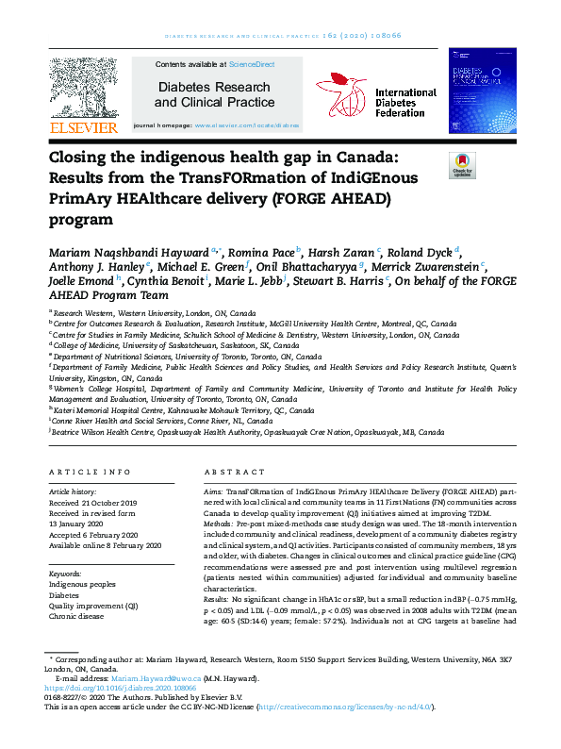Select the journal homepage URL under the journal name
tap(246, 125)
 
